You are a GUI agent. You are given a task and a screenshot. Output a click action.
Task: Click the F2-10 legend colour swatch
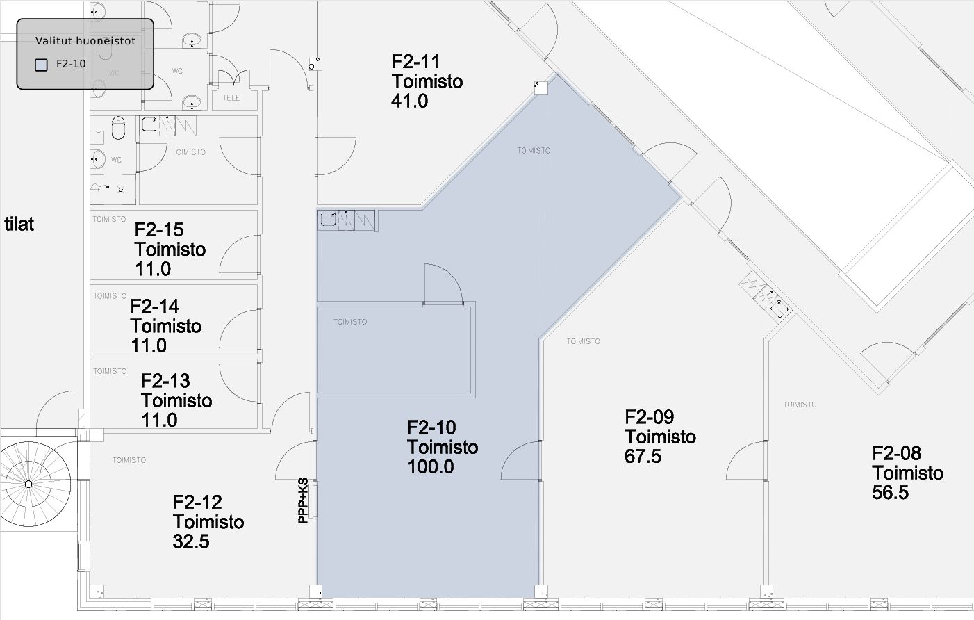pos(41,65)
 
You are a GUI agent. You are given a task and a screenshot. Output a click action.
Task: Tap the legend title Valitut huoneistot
pos(85,41)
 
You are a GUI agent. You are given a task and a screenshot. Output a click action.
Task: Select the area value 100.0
pos(431,467)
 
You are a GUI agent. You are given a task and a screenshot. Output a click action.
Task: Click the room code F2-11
pos(415,62)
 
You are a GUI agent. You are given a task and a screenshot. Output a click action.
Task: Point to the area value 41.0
pos(410,101)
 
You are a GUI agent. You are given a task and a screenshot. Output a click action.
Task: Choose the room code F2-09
pos(649,417)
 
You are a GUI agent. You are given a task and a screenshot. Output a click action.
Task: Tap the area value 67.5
pos(643,457)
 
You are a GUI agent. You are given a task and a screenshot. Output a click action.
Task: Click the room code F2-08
pos(897,453)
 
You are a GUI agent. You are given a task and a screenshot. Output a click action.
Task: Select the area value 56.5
pos(890,493)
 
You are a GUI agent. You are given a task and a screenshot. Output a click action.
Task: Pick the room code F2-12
pos(197,502)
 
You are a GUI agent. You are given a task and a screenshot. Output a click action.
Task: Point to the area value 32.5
pos(191,541)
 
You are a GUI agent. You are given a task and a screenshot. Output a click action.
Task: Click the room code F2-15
pos(159,230)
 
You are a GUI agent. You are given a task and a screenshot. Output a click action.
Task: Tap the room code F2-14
pos(154,307)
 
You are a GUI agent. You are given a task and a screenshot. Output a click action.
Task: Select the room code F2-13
pos(165,381)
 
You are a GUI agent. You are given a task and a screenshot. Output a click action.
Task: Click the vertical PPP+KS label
pos(303,500)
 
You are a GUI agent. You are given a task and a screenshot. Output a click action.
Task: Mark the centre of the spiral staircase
pos(28,484)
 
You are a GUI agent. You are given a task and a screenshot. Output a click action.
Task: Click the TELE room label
pos(231,98)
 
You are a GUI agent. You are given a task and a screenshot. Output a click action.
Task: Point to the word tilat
pos(19,224)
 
